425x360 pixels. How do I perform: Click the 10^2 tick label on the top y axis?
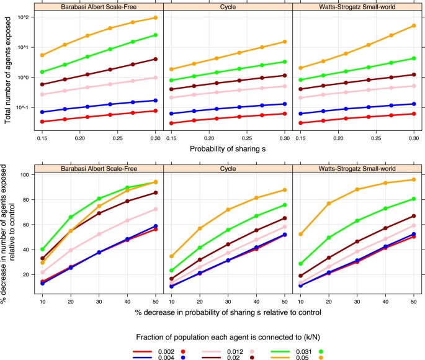click(x=23, y=17)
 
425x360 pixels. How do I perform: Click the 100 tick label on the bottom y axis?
click(x=24, y=175)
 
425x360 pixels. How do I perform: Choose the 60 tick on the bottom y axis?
click(x=25, y=225)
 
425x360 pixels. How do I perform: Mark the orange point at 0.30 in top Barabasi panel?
click(x=154, y=18)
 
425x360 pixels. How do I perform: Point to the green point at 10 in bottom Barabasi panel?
click(x=42, y=249)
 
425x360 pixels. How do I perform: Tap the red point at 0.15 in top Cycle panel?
click(x=170, y=123)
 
